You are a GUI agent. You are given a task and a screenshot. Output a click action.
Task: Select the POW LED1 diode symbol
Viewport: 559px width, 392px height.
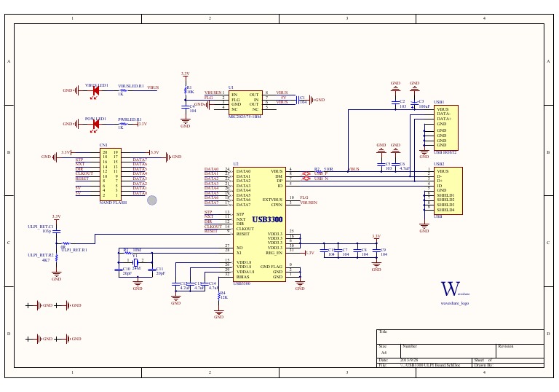pos(95,124)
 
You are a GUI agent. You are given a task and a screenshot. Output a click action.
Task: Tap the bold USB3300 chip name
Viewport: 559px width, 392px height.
pos(267,219)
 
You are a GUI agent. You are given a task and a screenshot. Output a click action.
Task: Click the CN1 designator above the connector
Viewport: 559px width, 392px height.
pos(103,146)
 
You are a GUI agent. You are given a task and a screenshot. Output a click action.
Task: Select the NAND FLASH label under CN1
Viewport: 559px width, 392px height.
pos(113,202)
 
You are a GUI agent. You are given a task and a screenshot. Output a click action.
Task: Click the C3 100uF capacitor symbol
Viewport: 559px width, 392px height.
pos(413,104)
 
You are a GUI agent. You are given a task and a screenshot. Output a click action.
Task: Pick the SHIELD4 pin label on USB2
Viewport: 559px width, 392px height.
pos(445,209)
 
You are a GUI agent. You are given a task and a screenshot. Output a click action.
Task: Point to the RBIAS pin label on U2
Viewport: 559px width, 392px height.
pos(242,277)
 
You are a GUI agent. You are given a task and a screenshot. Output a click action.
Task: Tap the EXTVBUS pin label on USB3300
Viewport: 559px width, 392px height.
pos(271,199)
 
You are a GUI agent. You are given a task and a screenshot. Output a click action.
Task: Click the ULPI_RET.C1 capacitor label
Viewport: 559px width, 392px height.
pos(41,227)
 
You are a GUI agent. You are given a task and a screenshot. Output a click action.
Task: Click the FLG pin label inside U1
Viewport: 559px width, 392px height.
pos(236,98)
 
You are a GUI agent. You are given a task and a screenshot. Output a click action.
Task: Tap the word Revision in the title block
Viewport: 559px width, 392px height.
pos(506,346)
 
